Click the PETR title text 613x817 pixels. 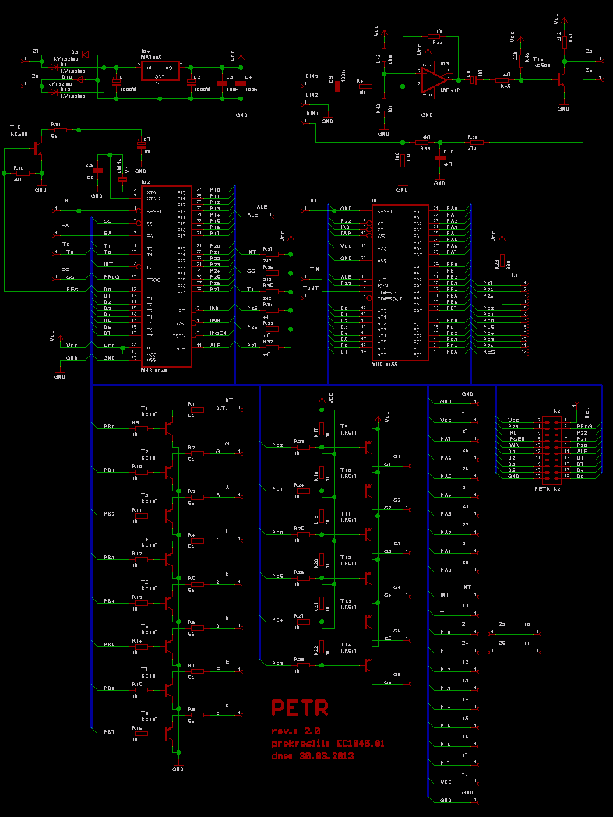coord(300,708)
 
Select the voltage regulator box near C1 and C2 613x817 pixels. coord(160,71)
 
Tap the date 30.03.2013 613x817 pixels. coord(313,755)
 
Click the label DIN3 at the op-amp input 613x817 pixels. coord(312,76)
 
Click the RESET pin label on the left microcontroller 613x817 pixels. coord(153,210)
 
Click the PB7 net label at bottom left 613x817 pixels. coord(109,732)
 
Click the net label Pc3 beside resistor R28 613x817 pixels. coord(277,664)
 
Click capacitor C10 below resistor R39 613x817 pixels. coord(439,157)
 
